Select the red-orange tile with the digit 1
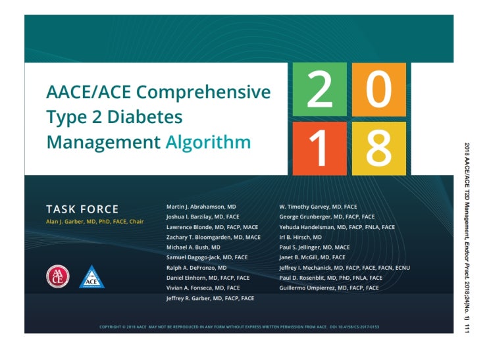(320, 148)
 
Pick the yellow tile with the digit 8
(378, 148)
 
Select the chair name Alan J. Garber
(95, 222)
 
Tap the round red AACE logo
(57, 276)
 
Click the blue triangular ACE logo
(91, 276)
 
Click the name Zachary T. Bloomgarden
(213, 237)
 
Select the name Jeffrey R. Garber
(210, 298)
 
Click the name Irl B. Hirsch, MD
(301, 237)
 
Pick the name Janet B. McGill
(312, 257)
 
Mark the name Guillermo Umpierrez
(329, 288)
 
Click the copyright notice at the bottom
(239, 327)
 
